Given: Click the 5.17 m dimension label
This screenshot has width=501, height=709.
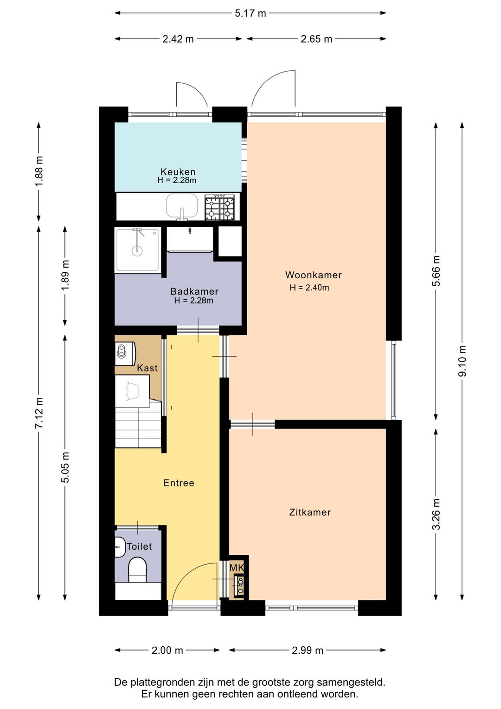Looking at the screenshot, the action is tap(250, 13).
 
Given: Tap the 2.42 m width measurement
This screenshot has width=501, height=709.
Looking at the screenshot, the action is tap(178, 39).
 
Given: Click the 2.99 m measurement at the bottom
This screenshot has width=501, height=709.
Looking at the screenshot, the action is tap(308, 650).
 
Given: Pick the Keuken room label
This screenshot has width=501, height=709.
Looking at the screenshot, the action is tap(178, 172).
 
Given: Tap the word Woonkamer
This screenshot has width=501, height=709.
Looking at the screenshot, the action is tap(314, 275).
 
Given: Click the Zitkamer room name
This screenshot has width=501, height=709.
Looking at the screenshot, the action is tap(310, 512).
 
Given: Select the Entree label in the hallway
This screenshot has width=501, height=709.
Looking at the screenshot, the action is tap(179, 483).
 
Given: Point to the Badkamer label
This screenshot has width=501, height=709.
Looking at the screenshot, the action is tap(194, 291).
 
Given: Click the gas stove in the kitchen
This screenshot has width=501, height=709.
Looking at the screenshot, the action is tap(220, 207).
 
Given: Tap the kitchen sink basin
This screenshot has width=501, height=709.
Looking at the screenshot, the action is tap(182, 206).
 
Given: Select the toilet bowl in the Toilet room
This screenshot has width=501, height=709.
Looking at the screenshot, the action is tap(137, 570).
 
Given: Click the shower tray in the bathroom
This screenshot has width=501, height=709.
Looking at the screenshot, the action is tap(137, 250).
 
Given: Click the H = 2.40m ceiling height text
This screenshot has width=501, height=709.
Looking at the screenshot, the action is tap(309, 288).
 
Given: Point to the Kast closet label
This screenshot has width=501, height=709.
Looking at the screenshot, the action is tap(148, 368).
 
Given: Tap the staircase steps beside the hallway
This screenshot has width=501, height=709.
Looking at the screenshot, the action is tap(138, 427).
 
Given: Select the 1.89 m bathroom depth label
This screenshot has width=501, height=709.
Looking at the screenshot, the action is tap(65, 275).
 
